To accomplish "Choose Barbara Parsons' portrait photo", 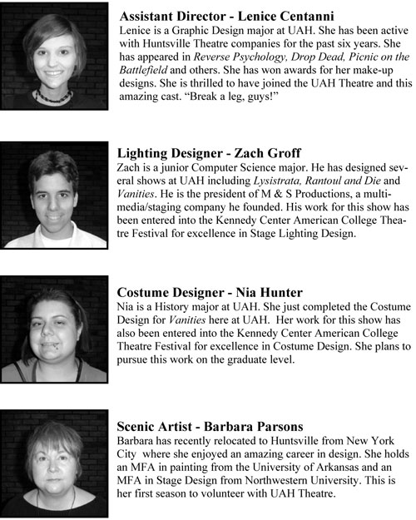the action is [54, 458].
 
